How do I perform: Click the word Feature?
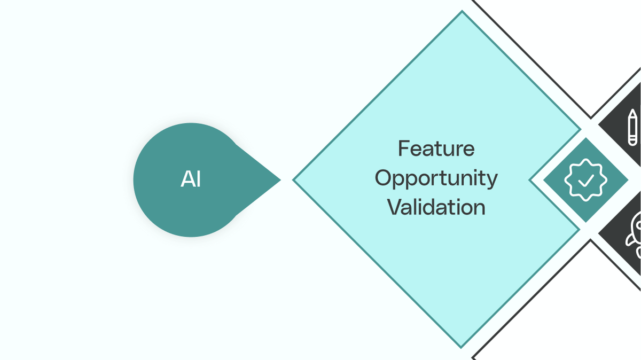[436, 148]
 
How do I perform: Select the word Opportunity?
[436, 178]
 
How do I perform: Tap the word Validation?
[436, 207]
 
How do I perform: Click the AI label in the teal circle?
[191, 179]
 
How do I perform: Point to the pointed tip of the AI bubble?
[281, 180]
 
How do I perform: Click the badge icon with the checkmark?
[586, 180]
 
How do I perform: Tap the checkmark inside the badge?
[586, 181]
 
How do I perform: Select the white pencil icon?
[632, 127]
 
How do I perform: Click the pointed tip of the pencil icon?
[632, 109]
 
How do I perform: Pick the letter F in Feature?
[403, 148]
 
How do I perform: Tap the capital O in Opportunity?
[384, 178]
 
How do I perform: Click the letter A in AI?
[187, 179]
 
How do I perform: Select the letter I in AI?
[199, 179]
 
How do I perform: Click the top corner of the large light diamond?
[462, 11]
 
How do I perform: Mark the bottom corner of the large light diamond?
[461, 348]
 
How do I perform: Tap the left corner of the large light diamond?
[293, 180]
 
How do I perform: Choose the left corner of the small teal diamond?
[543, 180]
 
